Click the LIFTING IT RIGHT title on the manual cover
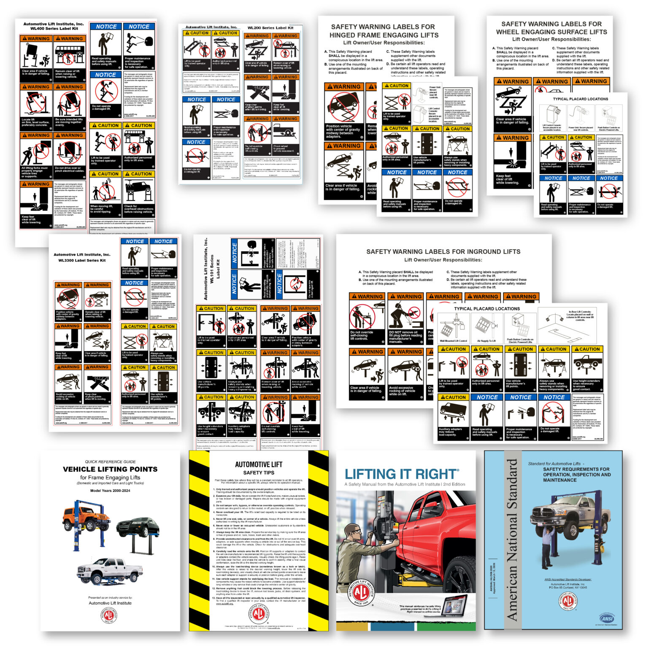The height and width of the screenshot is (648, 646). (401, 474)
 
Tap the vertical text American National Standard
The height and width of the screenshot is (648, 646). (511, 540)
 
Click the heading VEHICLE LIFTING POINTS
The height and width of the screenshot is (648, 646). (110, 469)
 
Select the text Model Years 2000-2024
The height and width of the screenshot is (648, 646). (110, 491)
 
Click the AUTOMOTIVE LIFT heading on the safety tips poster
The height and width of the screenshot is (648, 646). (259, 464)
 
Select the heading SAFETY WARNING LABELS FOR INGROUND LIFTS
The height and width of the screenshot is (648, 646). (443, 251)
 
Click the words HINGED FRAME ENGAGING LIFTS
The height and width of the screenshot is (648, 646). (384, 35)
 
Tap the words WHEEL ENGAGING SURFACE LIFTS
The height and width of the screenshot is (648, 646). (551, 32)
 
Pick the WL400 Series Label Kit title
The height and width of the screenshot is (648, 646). (54, 29)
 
